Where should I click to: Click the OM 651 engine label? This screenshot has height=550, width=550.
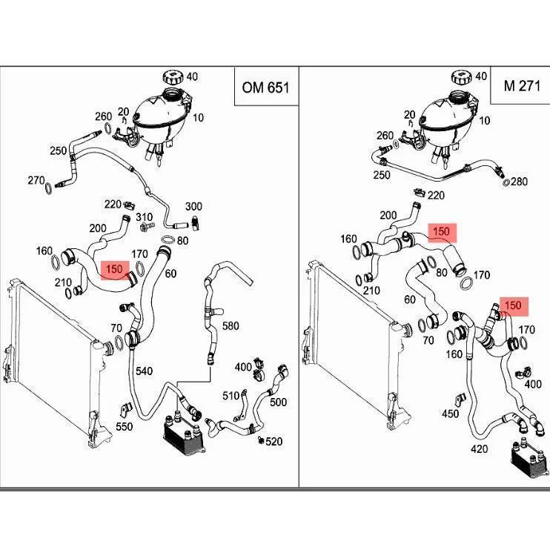265,87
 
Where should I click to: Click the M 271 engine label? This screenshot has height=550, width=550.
522,86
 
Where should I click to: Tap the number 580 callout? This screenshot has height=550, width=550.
231,326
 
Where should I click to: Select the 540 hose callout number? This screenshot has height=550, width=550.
144,371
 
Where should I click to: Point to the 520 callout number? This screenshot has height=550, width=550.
274,441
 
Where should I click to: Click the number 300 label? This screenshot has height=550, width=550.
193,206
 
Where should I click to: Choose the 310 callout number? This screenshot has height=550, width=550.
144,217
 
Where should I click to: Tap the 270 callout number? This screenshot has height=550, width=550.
36,180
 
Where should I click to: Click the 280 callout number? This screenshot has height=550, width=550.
519,182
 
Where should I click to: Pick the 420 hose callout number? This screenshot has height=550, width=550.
479,449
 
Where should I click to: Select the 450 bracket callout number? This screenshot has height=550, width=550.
451,414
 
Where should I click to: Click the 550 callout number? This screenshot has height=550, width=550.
125,426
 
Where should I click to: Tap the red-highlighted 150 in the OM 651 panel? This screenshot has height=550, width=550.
115,269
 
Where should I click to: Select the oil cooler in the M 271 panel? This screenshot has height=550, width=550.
525,460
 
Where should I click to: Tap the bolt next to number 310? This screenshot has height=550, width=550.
147,227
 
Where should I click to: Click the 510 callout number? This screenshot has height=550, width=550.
231,396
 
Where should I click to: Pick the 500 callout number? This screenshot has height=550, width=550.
278,402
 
